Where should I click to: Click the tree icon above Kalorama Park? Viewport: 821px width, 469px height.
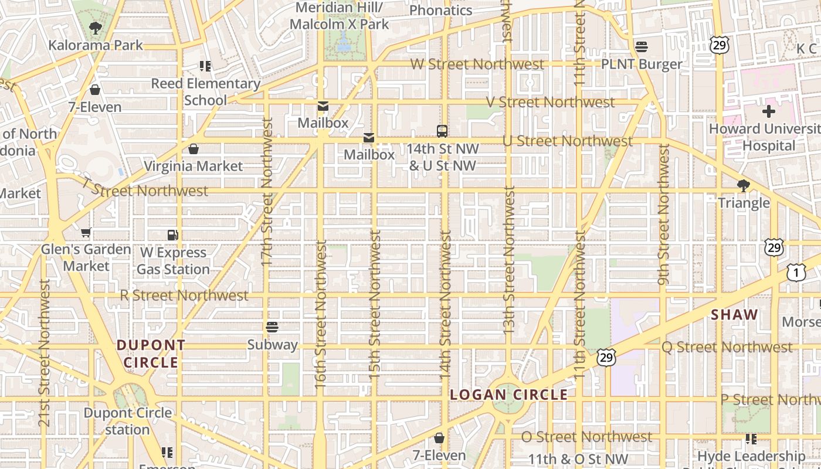click(95, 28)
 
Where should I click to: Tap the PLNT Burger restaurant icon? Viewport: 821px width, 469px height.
click(642, 47)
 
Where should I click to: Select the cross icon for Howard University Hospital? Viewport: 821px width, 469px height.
click(768, 111)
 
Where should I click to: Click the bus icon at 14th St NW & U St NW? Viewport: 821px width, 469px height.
click(442, 131)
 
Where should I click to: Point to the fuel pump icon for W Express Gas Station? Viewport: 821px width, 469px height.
click(172, 235)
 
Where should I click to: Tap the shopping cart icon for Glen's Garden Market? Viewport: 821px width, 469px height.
click(86, 233)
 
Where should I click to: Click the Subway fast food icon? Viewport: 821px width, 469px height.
click(272, 327)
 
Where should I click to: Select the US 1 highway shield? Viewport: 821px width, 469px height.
click(796, 273)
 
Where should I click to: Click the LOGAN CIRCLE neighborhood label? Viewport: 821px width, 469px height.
click(508, 395)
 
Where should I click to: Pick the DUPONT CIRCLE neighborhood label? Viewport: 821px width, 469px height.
click(151, 354)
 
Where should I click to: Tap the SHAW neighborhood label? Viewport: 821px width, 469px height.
click(735, 315)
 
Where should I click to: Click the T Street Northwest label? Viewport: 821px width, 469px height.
click(145, 189)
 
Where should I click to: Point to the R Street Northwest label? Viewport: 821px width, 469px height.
click(184, 295)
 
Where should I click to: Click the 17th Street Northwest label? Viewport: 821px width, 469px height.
click(267, 192)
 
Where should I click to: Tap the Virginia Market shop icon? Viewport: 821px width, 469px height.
click(194, 149)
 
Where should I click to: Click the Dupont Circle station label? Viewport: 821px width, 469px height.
click(128, 421)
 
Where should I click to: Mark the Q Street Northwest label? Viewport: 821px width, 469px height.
click(727, 347)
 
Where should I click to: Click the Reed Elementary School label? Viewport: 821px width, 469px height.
click(205, 92)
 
